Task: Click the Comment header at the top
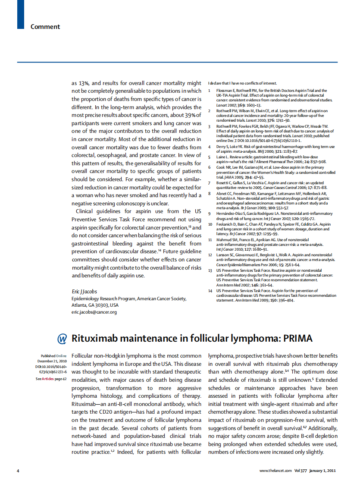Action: click(x=45, y=27)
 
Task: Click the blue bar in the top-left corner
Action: click(x=20, y=14)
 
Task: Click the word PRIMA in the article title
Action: click(x=297, y=339)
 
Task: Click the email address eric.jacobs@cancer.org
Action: click(x=94, y=312)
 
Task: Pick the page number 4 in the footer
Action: click(x=18, y=471)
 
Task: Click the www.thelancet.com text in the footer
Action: click(x=275, y=471)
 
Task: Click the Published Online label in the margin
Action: click(x=54, y=356)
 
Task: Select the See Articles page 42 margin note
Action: click(x=51, y=379)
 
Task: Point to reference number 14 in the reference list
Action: click(x=210, y=291)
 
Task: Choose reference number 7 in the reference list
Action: click(x=210, y=183)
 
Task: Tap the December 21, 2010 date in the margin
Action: click(x=52, y=361)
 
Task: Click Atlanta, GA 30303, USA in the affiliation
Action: click(x=95, y=305)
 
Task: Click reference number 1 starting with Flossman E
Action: click(x=210, y=91)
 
